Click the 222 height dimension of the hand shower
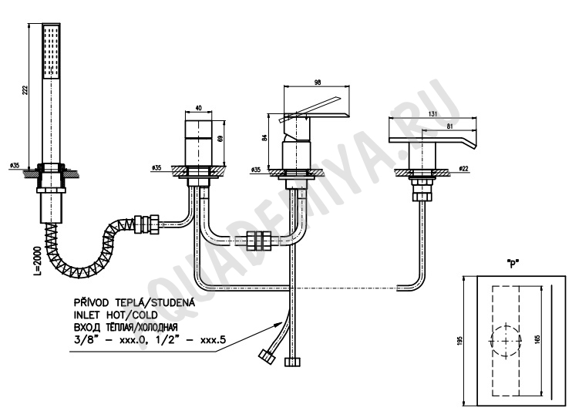click(x=25, y=90)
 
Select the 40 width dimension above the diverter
click(x=198, y=108)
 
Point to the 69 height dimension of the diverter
click(x=219, y=139)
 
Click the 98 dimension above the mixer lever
click(x=318, y=83)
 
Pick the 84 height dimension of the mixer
click(x=265, y=137)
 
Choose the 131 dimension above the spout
click(x=432, y=114)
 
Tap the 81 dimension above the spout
click(x=449, y=126)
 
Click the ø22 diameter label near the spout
click(x=463, y=169)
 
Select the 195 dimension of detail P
click(x=459, y=340)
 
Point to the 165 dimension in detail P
click(x=539, y=339)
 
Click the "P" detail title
click(x=513, y=264)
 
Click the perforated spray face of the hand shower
click(x=51, y=51)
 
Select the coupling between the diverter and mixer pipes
click(x=259, y=241)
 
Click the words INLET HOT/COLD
click(x=116, y=315)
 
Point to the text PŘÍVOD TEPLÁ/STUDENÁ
click(x=134, y=302)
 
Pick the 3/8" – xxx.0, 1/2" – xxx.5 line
click(x=150, y=340)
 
